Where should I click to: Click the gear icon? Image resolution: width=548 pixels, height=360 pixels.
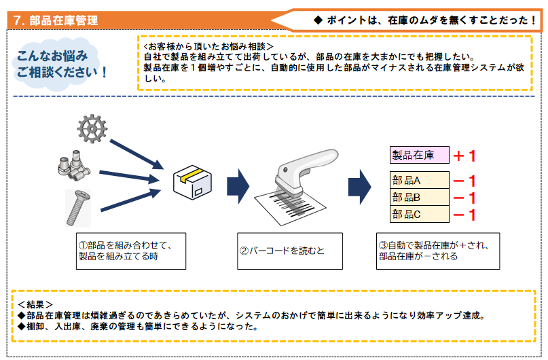click(90, 128)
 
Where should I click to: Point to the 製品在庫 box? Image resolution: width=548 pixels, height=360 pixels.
click(419, 156)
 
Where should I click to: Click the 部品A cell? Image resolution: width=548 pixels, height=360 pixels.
click(419, 181)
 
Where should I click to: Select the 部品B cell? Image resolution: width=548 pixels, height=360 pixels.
click(419, 198)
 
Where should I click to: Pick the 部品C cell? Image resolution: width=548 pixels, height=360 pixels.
click(419, 215)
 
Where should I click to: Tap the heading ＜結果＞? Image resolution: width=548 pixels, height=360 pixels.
click(35, 304)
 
